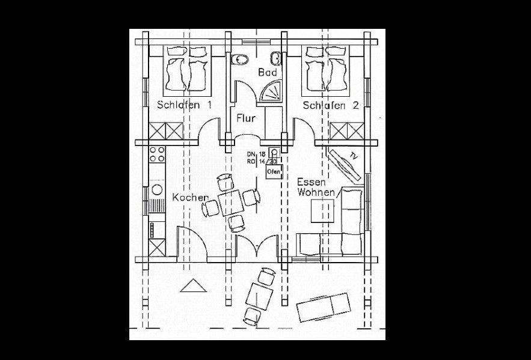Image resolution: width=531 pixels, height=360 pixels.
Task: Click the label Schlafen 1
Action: tap(185, 105)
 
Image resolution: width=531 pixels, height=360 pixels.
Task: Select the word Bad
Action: tap(267, 73)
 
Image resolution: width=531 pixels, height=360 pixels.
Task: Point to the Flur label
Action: tap(247, 118)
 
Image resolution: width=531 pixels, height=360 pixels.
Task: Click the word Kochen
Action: tap(190, 198)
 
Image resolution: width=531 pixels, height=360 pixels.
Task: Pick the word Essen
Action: tap(312, 181)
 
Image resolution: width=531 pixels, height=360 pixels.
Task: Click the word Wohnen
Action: tap(316, 192)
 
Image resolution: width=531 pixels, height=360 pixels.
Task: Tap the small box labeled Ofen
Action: tap(274, 171)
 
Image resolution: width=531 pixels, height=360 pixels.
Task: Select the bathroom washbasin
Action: tap(276, 58)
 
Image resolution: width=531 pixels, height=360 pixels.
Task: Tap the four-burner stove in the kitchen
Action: tap(158, 154)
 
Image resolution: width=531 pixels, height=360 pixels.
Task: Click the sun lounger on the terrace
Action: tap(323, 307)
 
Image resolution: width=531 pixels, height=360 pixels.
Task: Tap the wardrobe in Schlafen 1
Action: tap(166, 131)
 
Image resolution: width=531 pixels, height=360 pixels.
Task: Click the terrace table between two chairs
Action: tap(259, 296)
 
